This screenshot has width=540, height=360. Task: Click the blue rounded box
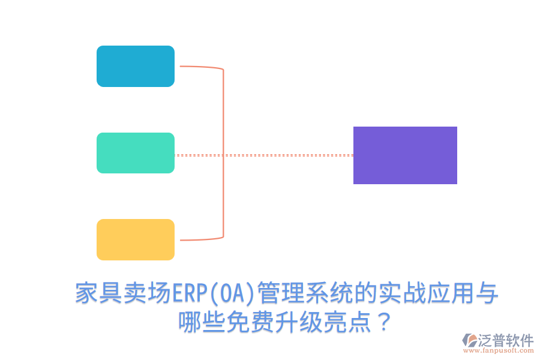click(x=136, y=66)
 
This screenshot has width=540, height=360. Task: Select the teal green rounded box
click(x=136, y=153)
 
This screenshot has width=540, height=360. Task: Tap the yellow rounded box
click(x=136, y=239)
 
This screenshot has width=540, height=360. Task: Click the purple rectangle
click(x=405, y=155)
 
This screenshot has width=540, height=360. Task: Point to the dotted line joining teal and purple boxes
click(x=288, y=155)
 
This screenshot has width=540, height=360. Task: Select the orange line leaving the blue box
click(x=198, y=67)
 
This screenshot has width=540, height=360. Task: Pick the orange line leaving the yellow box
click(x=198, y=240)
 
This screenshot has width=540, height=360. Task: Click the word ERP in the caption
click(x=190, y=294)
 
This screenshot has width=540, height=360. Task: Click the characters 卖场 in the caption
click(x=148, y=294)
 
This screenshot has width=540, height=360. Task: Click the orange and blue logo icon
click(x=469, y=341)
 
